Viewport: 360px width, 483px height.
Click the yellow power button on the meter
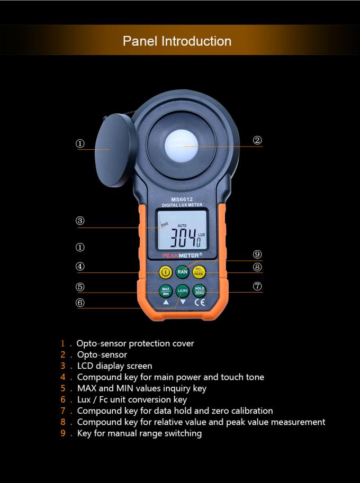tap(166, 272)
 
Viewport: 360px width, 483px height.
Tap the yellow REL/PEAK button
tap(199, 272)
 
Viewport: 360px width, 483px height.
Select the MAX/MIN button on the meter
tap(166, 291)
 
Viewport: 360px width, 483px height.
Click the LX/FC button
tap(182, 291)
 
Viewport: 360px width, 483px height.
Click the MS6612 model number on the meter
tap(182, 199)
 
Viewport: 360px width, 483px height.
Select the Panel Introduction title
tap(177, 41)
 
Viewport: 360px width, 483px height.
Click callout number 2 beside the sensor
tap(257, 140)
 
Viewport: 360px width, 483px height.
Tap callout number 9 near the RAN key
tap(257, 254)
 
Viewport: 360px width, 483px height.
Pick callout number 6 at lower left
tap(80, 303)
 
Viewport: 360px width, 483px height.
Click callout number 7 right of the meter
tap(257, 286)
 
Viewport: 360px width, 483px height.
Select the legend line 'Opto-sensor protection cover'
tap(135, 343)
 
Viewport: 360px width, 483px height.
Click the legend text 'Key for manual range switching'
tap(139, 433)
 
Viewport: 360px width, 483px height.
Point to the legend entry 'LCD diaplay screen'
tap(114, 366)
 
